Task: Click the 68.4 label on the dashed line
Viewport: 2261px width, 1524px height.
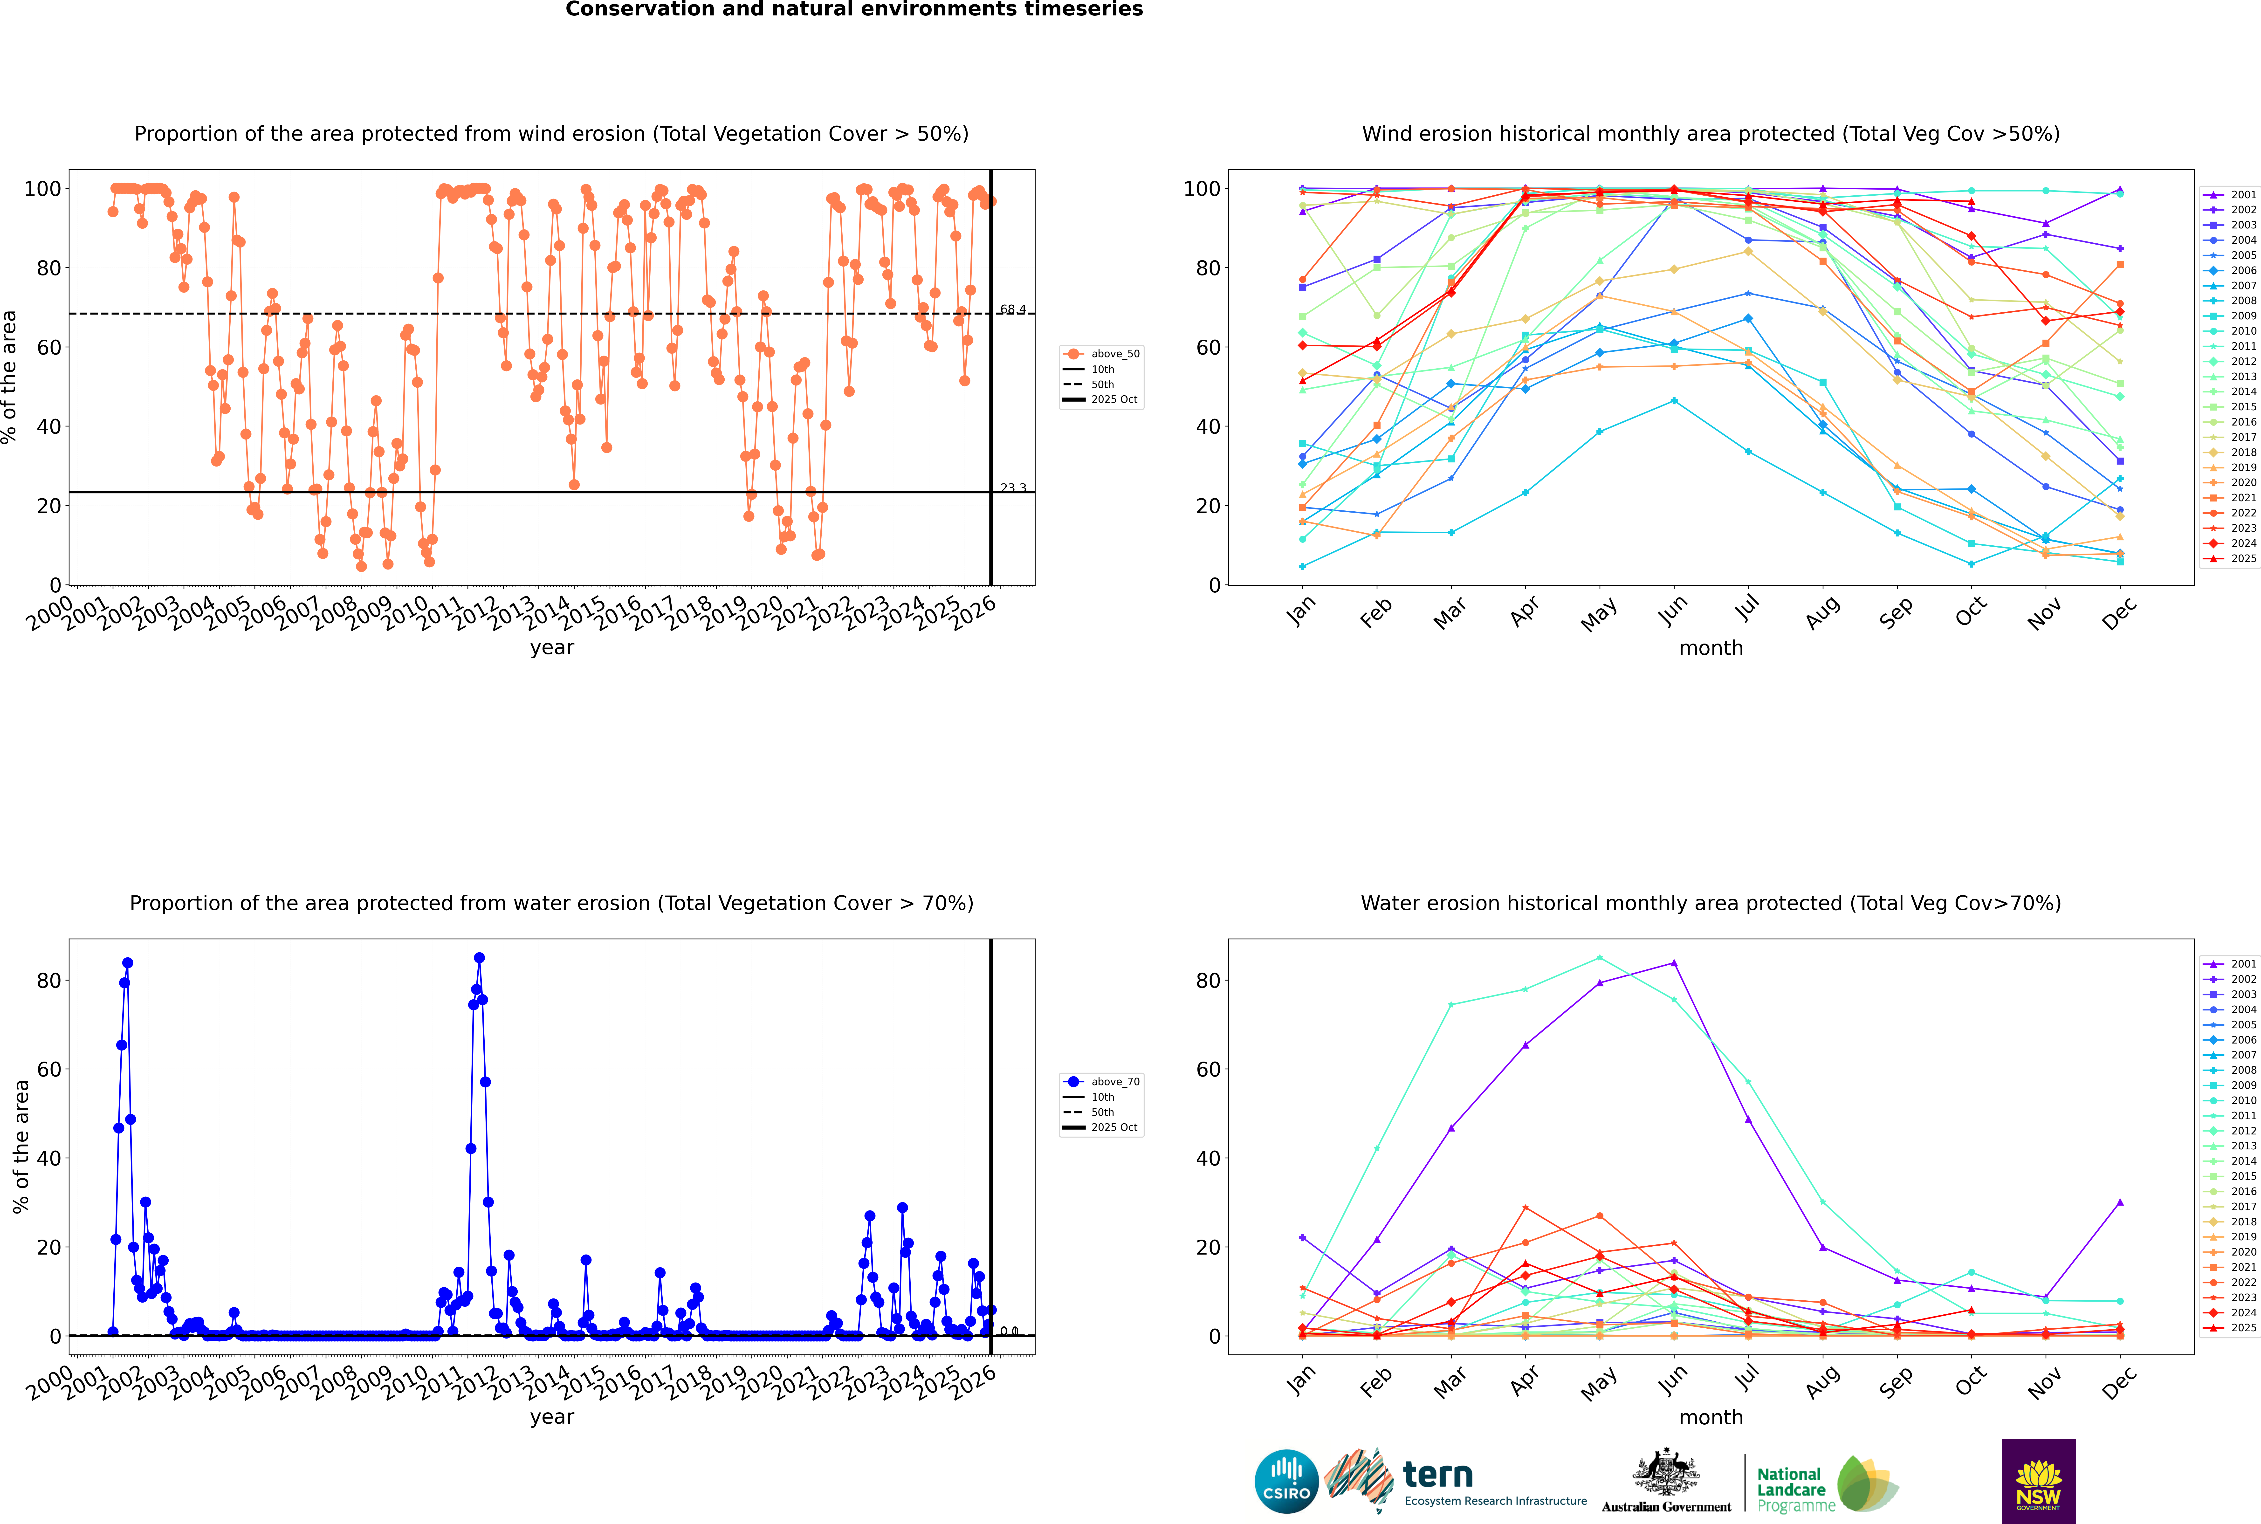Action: (1013, 309)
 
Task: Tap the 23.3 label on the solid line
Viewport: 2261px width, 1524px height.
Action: (1013, 488)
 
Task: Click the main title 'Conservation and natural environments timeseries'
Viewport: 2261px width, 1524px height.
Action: (853, 10)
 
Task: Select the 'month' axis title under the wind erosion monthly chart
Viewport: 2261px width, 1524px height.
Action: (1711, 648)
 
